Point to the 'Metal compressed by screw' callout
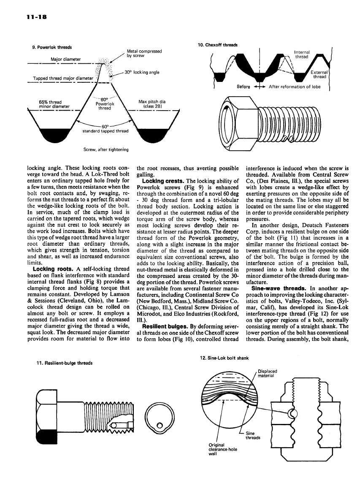tap(144, 53)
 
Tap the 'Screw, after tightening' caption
tap(106, 149)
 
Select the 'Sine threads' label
tap(253, 435)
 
